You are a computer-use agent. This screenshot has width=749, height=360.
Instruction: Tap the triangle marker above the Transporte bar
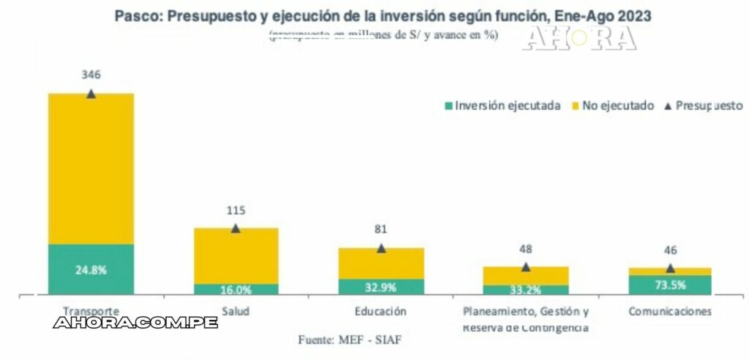pyautogui.click(x=91, y=94)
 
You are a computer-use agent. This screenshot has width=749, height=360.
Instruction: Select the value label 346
pyautogui.click(x=91, y=75)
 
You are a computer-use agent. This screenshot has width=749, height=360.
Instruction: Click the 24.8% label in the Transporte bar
pyautogui.click(x=91, y=269)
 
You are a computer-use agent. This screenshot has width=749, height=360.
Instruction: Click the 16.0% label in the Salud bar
pyautogui.click(x=236, y=290)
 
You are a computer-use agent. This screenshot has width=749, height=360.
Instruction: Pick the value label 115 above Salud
pyautogui.click(x=235, y=210)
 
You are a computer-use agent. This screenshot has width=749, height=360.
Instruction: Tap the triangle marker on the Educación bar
pyautogui.click(x=381, y=249)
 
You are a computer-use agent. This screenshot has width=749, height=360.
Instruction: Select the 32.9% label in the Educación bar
pyautogui.click(x=380, y=286)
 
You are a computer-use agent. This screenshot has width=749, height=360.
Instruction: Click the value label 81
pyautogui.click(x=380, y=230)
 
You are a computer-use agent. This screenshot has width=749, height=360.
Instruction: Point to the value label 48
pyautogui.click(x=525, y=249)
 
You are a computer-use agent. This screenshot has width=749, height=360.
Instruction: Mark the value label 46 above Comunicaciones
pyautogui.click(x=670, y=250)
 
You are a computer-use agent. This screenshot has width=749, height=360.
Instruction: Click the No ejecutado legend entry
pyautogui.click(x=617, y=105)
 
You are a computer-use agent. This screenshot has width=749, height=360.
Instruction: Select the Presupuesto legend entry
pyautogui.click(x=703, y=105)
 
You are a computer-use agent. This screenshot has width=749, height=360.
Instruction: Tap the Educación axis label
pyautogui.click(x=380, y=311)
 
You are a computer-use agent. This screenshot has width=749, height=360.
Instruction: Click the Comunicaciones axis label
pyautogui.click(x=670, y=311)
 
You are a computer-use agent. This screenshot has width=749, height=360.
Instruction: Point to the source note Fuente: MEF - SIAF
pyautogui.click(x=350, y=340)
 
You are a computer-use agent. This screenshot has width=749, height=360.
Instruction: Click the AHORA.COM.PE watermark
pyautogui.click(x=135, y=323)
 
